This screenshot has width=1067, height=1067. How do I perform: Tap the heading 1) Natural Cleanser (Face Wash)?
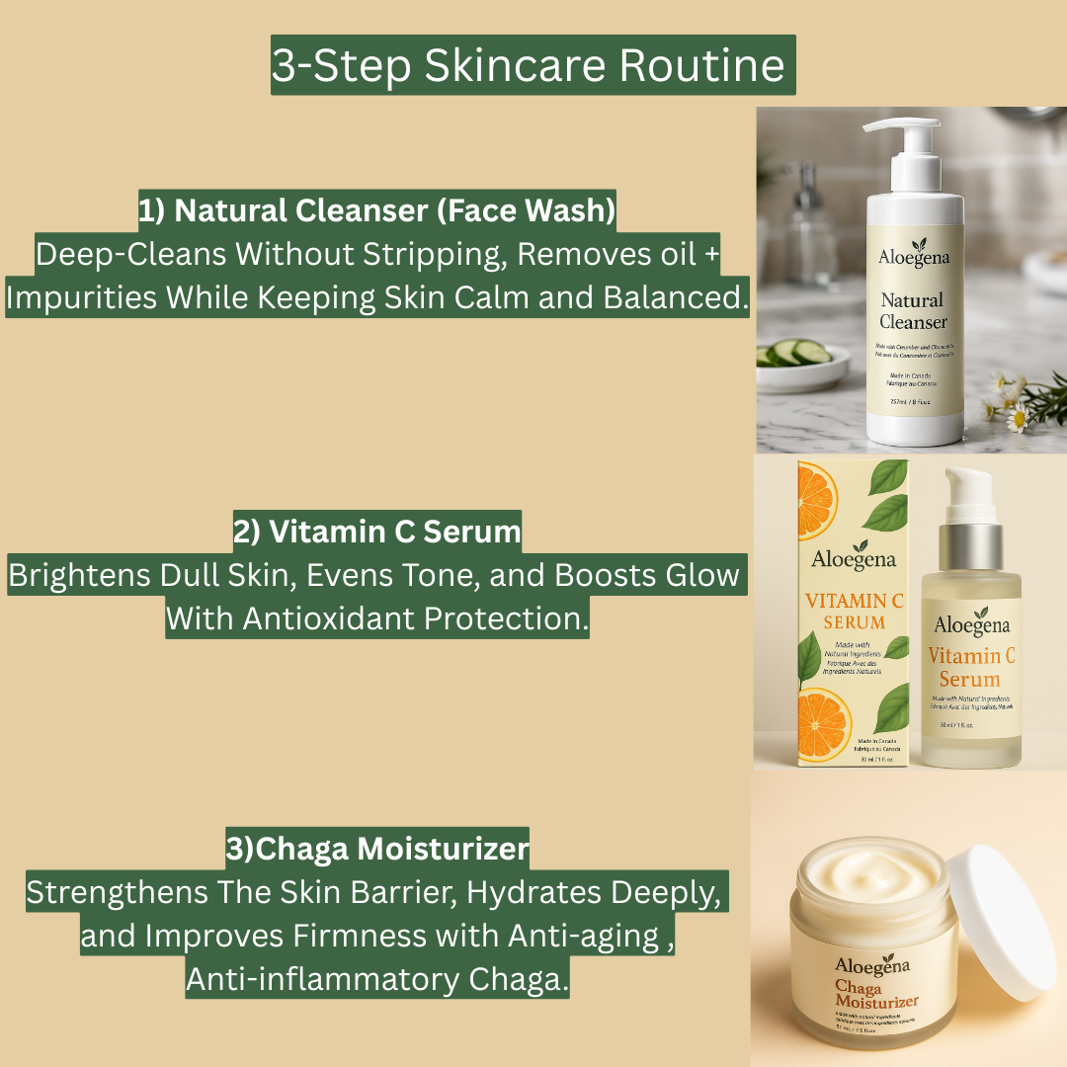376,210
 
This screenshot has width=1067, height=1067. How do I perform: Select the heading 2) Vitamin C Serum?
376,532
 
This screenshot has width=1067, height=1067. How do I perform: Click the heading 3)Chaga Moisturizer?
376,849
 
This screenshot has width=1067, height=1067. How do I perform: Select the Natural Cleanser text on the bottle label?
912,310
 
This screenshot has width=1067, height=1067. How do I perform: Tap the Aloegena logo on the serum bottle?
972,623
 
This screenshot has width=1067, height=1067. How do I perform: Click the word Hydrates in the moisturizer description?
533,892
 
